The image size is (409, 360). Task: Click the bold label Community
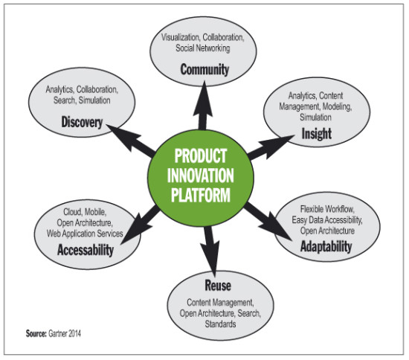click(x=204, y=70)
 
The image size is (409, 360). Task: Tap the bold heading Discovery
click(x=82, y=122)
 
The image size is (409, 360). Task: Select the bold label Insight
click(x=316, y=134)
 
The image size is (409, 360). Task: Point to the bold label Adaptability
click(x=326, y=246)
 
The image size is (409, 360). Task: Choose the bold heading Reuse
click(x=218, y=285)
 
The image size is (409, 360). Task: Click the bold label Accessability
click(x=86, y=250)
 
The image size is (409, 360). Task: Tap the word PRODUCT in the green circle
click(x=201, y=156)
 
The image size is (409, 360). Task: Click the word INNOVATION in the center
click(x=200, y=176)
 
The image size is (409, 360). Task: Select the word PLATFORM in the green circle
click(x=201, y=195)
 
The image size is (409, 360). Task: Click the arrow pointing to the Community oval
click(x=203, y=106)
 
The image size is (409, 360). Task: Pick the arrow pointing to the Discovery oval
click(x=131, y=141)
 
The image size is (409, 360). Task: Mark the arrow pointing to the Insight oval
click(x=271, y=147)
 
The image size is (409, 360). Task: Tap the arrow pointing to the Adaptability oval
click(x=268, y=221)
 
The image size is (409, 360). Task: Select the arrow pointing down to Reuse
click(x=210, y=252)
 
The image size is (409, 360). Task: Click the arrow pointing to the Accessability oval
click(x=140, y=225)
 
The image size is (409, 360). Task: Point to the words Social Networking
click(x=203, y=48)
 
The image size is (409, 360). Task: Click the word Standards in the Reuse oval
click(x=220, y=324)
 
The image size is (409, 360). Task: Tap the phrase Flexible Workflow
click(x=327, y=209)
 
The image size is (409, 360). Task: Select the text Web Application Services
click(x=85, y=234)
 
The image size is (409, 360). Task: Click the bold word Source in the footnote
click(x=36, y=333)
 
